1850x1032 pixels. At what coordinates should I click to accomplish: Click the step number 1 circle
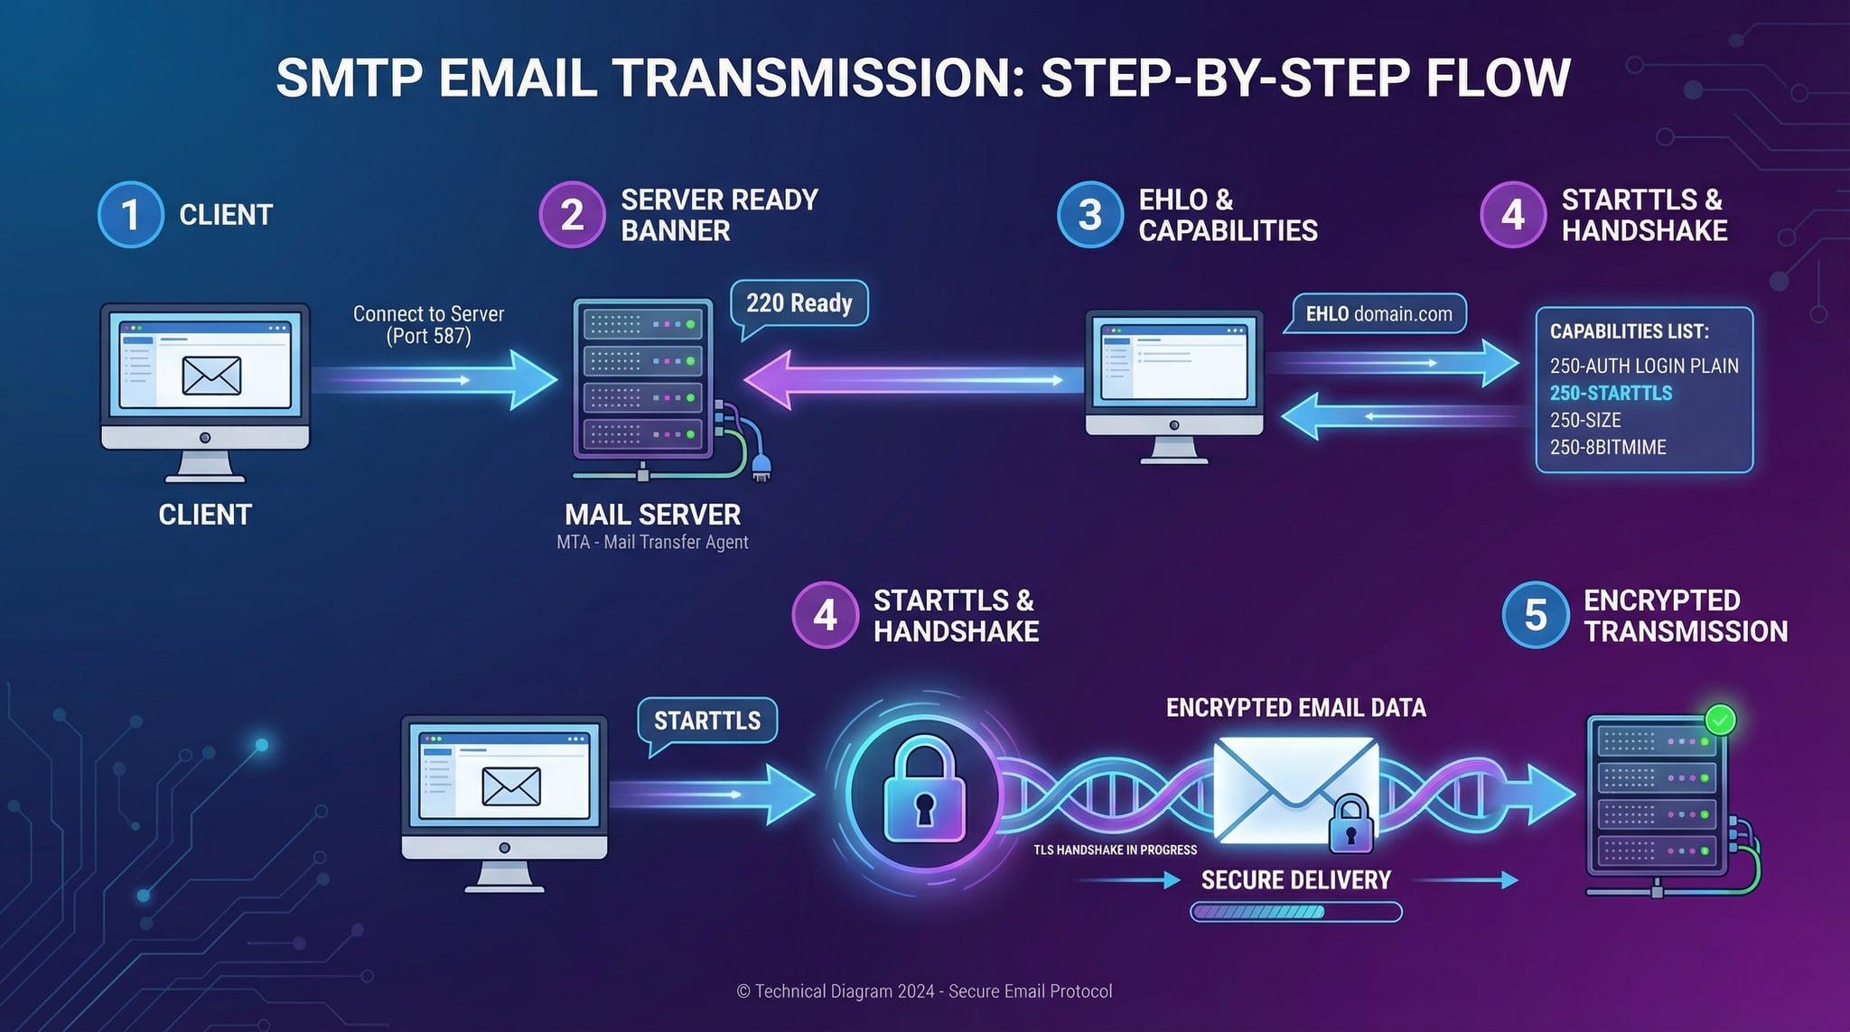pos(130,215)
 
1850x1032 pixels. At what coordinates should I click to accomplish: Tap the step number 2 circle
pos(572,215)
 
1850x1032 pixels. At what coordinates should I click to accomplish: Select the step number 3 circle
pos(1089,215)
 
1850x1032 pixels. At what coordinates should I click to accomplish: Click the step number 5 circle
pos(1535,615)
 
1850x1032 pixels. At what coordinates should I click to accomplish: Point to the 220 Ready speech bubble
pos(799,303)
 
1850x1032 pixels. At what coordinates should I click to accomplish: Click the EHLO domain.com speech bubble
pos(1378,314)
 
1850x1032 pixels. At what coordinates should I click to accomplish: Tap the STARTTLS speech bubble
pos(706,721)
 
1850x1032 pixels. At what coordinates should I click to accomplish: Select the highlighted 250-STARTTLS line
pos(1611,393)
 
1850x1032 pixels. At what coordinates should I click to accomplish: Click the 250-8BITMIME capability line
pos(1608,447)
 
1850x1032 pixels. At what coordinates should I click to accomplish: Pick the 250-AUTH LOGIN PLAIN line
pos(1644,366)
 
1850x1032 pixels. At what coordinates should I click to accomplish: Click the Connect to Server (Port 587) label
pos(428,325)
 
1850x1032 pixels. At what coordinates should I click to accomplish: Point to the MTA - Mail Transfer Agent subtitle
pos(652,543)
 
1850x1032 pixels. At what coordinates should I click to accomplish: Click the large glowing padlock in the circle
pos(924,793)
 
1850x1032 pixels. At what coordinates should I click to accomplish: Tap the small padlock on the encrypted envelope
pos(1350,823)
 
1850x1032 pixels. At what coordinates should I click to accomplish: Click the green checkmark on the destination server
pos(1720,720)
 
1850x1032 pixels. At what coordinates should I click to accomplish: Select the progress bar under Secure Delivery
pos(1295,912)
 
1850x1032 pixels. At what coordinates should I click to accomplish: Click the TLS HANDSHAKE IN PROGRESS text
pos(1115,850)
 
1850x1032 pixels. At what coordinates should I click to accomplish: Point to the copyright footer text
pos(924,991)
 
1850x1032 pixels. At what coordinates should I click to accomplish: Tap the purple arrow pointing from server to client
pos(903,380)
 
